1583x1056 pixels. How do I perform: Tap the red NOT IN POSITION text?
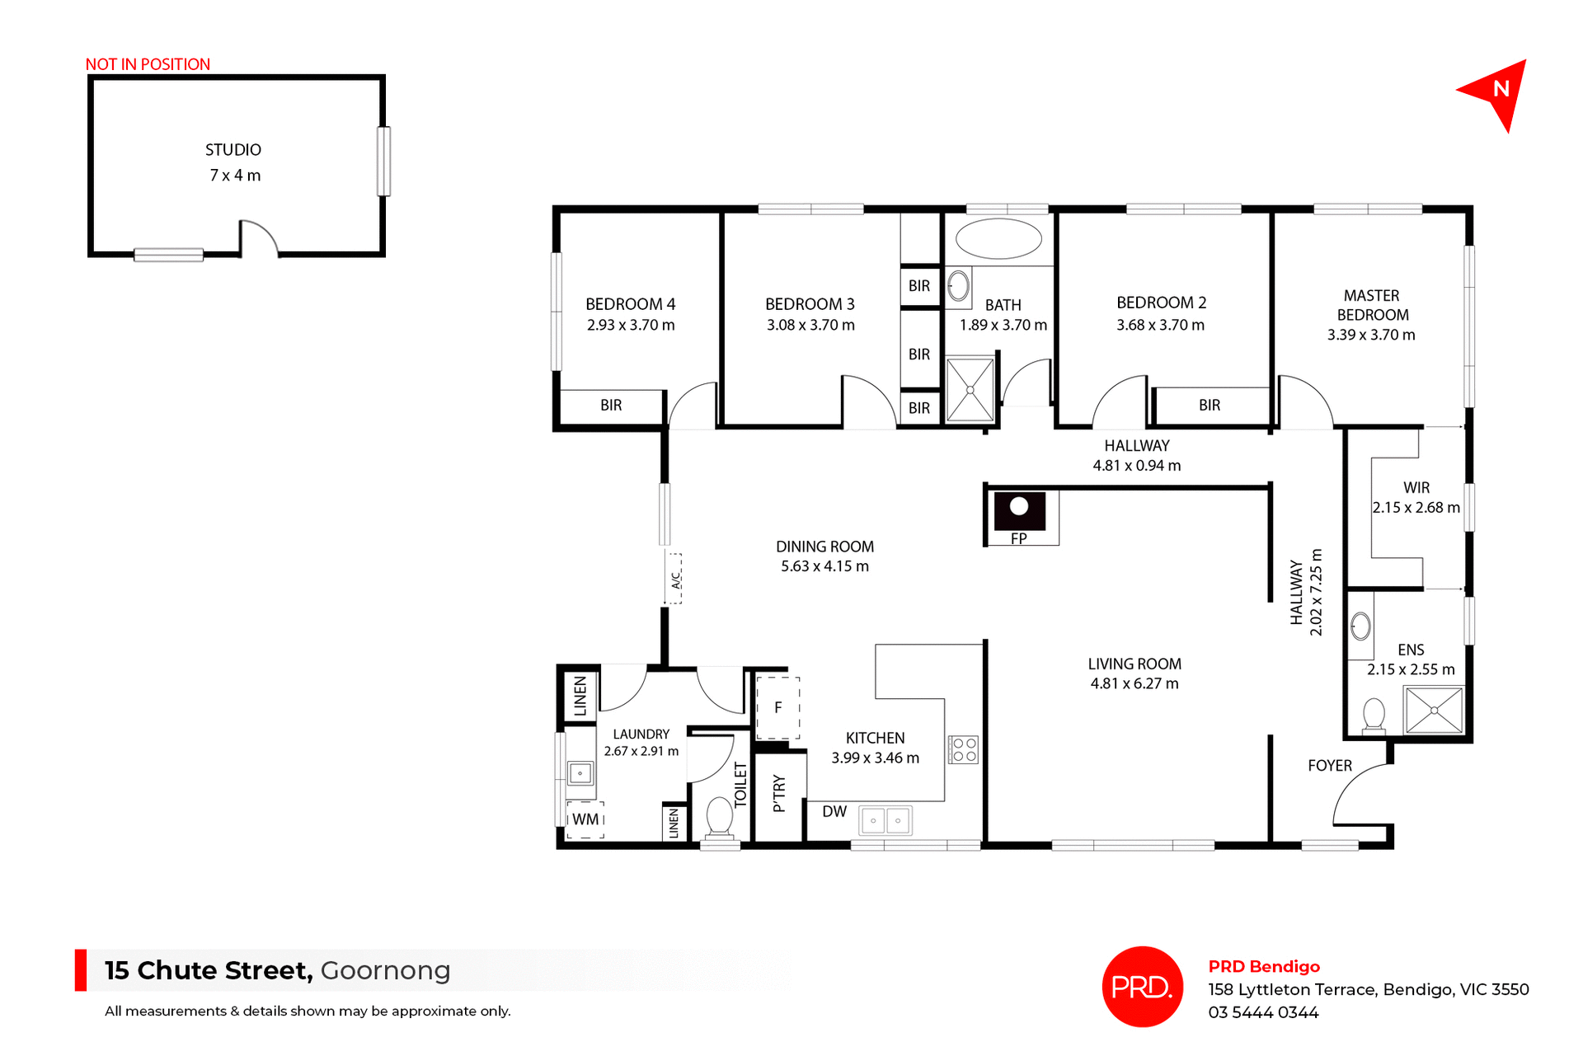pos(148,64)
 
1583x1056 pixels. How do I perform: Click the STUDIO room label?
pos(233,150)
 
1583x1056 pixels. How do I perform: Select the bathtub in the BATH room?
pos(998,239)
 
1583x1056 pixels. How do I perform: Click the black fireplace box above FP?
pos(1020,510)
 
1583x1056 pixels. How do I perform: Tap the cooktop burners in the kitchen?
pos(964,749)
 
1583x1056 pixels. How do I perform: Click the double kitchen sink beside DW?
pos(885,820)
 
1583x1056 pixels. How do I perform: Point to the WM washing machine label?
pos(585,819)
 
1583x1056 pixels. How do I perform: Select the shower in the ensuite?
pos(1434,710)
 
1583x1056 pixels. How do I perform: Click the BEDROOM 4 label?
pos(630,304)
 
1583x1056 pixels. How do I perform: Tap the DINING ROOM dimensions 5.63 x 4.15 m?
pos(824,566)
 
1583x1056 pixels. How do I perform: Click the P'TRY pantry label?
pos(779,794)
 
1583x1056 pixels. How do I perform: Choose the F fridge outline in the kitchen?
pos(777,707)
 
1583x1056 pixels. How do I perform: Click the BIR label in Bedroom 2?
pos(1210,405)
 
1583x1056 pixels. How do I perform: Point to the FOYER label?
pos(1330,766)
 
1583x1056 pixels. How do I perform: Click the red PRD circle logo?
pos(1142,987)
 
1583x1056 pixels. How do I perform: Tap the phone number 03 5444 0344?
pos(1263,1012)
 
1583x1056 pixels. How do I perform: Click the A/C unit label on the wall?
pos(675,580)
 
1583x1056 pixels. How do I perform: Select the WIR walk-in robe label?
pos(1416,488)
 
